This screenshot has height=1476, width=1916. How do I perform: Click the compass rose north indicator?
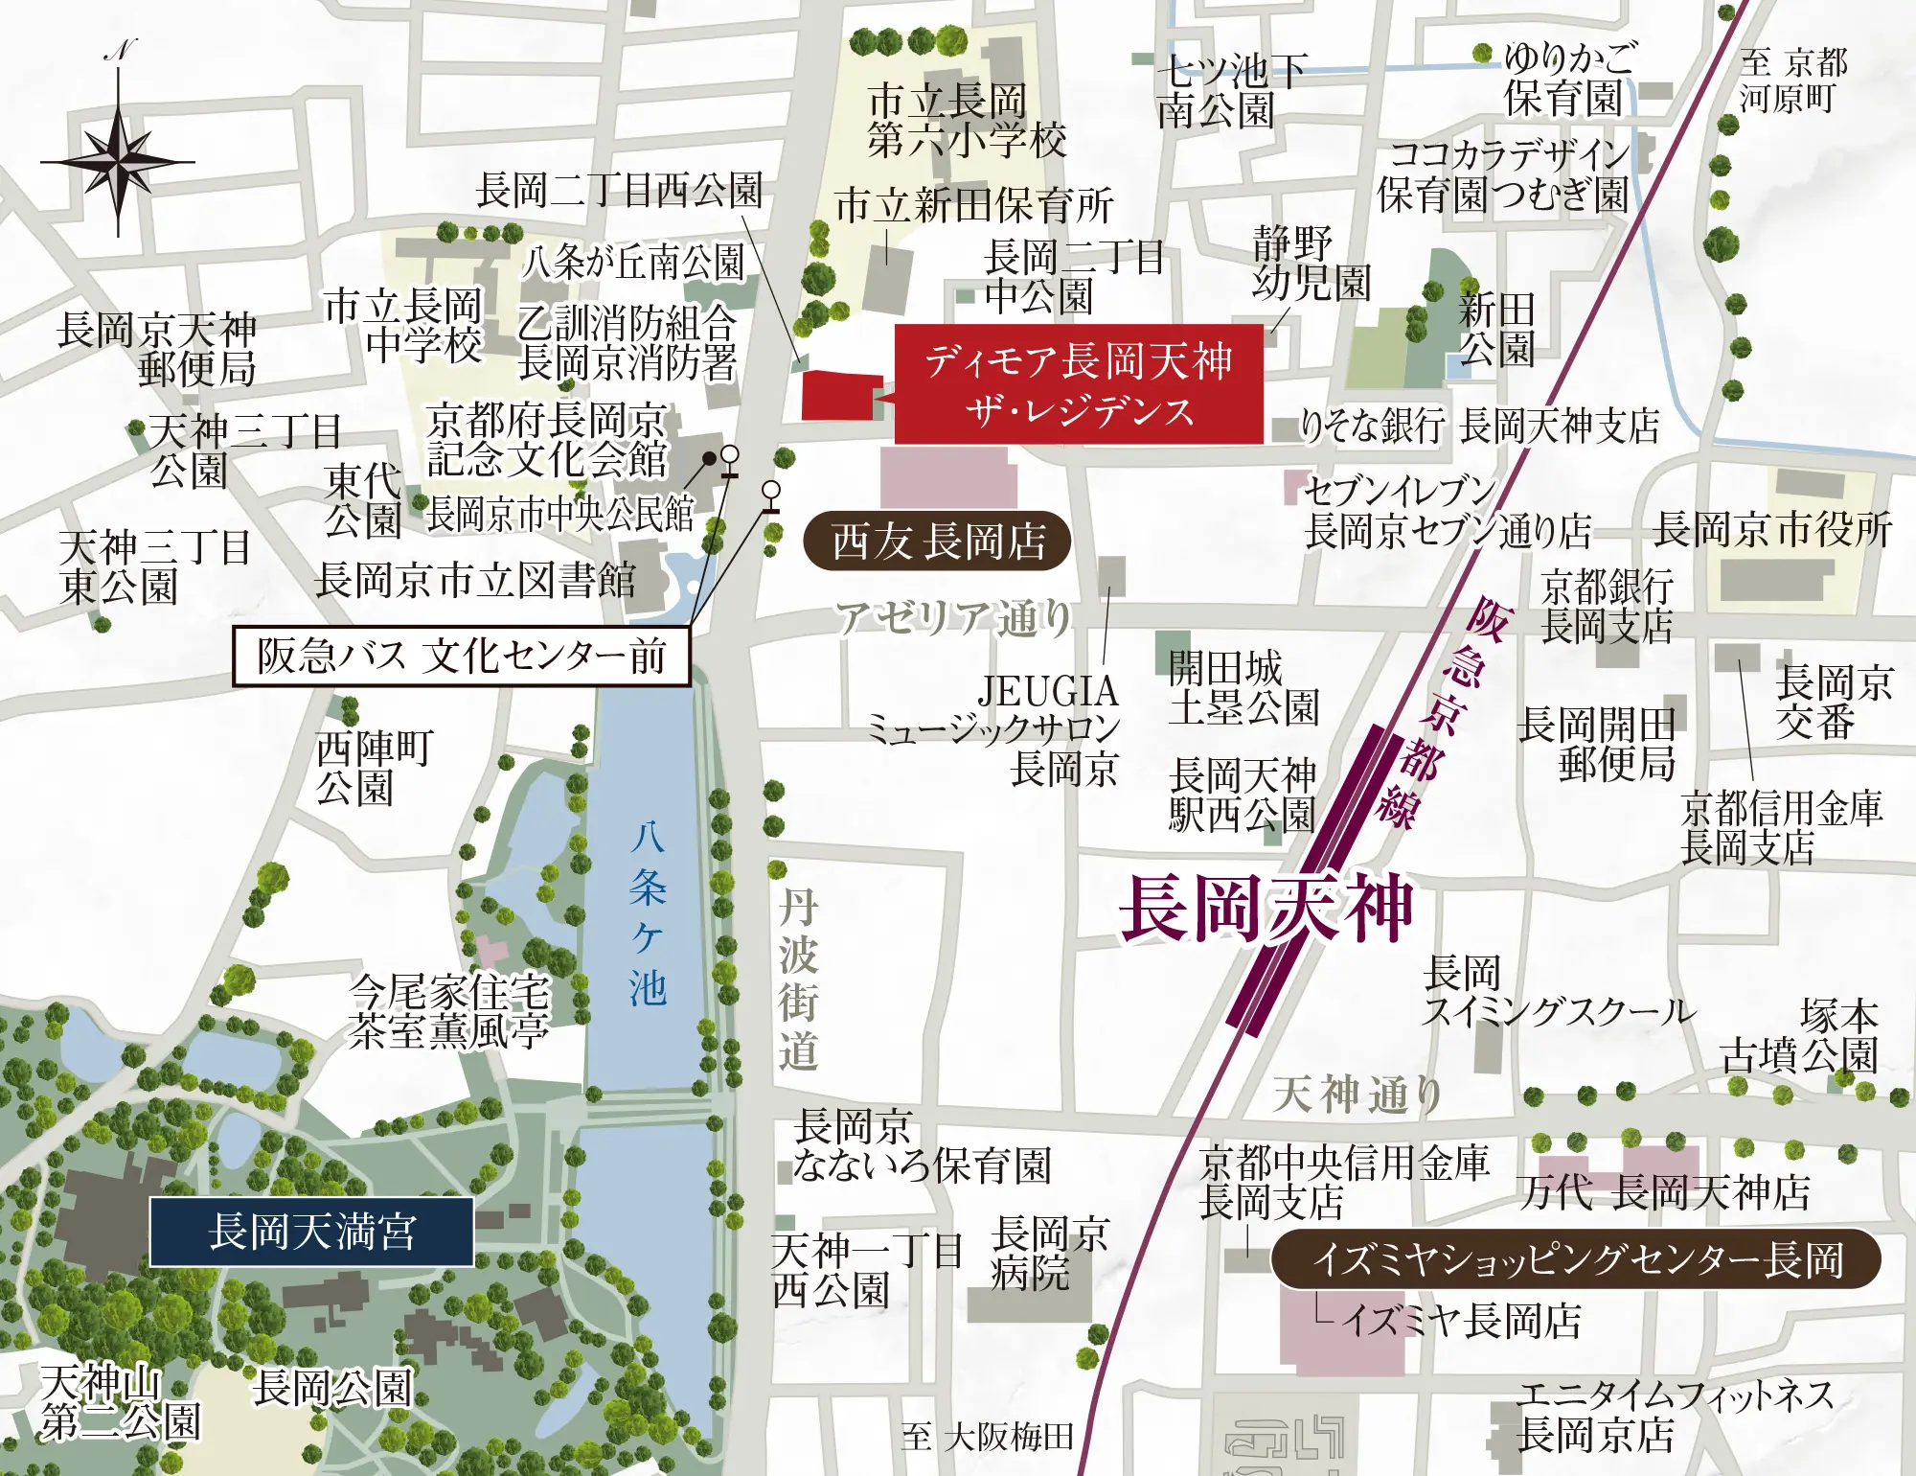118,158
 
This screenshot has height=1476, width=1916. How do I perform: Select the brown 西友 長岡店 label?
937,542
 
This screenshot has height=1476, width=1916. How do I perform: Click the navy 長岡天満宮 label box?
311,1232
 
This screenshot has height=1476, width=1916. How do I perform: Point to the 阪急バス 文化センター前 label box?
461,657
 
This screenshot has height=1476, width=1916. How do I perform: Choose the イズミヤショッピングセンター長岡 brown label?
1576,1259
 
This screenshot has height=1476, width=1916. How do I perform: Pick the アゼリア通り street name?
952,618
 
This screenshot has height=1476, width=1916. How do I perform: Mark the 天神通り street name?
1357,1094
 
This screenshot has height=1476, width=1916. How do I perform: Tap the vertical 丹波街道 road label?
797,980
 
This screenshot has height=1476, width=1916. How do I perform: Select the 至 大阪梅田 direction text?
987,1437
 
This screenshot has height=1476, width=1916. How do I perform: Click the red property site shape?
838,396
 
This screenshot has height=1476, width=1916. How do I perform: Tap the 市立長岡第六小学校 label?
965,120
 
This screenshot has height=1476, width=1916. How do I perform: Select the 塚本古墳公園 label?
1801,1035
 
